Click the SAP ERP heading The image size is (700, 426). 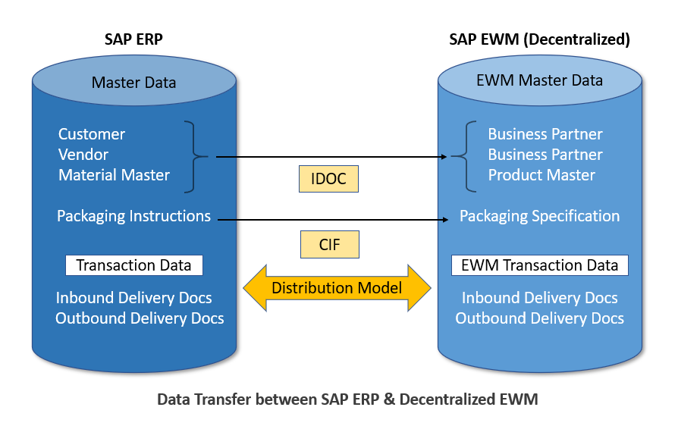[x=134, y=39]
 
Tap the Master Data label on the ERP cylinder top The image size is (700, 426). [x=133, y=82]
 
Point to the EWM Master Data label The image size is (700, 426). [x=539, y=80]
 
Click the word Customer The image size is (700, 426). [x=92, y=134]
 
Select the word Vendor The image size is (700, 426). [x=83, y=155]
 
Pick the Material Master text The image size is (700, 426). [x=115, y=175]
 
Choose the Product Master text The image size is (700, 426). [x=541, y=175]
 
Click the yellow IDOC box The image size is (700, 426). [x=328, y=180]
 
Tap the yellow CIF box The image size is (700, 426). [x=328, y=245]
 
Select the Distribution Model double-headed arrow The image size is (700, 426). [x=337, y=288]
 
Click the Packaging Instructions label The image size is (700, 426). [x=133, y=216]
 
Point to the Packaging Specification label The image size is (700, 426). [x=539, y=216]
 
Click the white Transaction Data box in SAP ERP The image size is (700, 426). [x=133, y=265]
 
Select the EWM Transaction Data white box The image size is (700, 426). [x=539, y=265]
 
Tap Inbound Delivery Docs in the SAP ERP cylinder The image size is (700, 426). [x=134, y=298]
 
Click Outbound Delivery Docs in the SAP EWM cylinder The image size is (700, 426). [x=539, y=318]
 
